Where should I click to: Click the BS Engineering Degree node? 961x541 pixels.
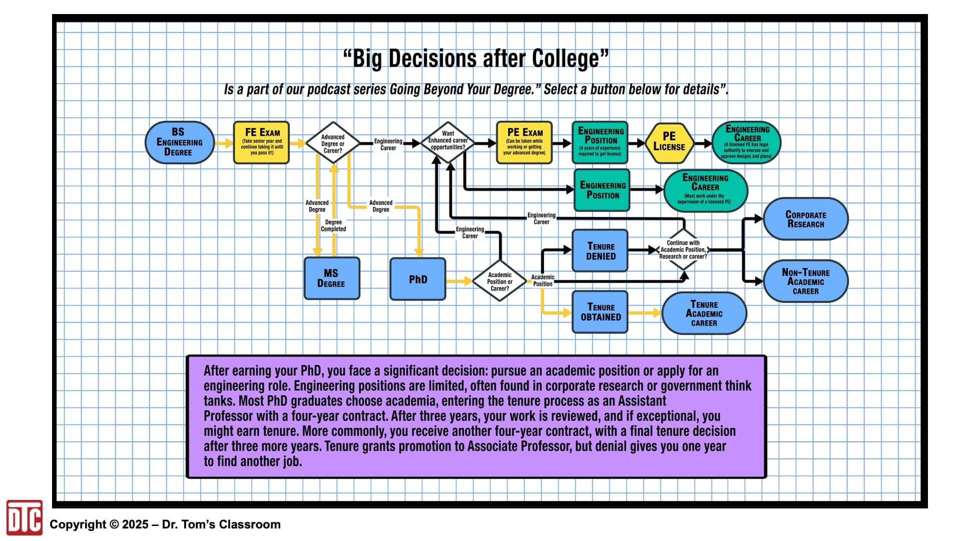(x=180, y=142)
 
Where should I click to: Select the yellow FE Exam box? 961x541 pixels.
(x=261, y=142)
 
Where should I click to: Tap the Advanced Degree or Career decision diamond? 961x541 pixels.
(x=333, y=143)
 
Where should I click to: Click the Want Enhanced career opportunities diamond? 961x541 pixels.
(x=448, y=142)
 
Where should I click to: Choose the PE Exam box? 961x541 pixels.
(x=525, y=142)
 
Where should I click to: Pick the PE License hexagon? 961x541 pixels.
(x=669, y=143)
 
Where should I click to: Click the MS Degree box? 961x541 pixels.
(x=332, y=279)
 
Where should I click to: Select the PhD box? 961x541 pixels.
(x=418, y=279)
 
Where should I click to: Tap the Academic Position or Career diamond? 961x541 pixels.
(x=500, y=281)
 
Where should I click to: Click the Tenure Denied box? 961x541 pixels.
(x=600, y=250)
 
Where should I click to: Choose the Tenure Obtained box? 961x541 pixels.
(x=600, y=312)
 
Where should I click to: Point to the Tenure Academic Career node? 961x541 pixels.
(x=704, y=313)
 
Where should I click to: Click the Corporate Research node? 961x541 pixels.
(x=806, y=219)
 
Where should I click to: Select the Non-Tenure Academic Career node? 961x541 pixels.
(x=806, y=281)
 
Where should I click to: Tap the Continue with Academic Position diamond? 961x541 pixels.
(x=683, y=249)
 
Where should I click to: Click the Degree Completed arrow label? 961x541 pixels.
(x=333, y=225)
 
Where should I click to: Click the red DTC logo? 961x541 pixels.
(x=25, y=517)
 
